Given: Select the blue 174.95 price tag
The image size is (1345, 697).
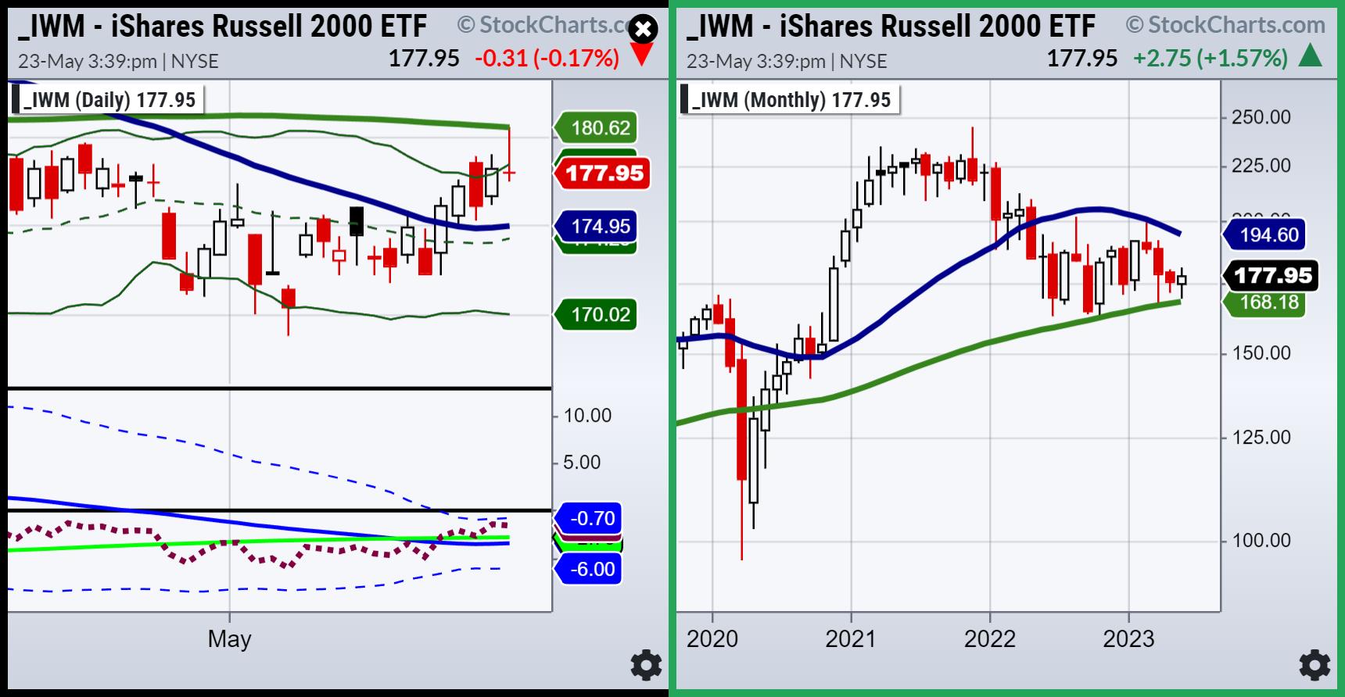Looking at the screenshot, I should (x=598, y=227).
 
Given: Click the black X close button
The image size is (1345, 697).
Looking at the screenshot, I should (x=643, y=30).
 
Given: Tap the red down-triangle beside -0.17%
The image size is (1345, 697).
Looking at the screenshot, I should (x=641, y=56).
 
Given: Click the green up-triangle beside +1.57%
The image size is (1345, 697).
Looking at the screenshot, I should (x=1310, y=56).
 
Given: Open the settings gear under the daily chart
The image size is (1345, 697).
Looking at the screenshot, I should (x=646, y=666).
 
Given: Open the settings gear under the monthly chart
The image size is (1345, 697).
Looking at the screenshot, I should (x=1315, y=666).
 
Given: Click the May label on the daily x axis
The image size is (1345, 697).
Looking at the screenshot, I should (x=229, y=639).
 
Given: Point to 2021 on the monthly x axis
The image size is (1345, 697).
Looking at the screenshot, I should (x=851, y=639).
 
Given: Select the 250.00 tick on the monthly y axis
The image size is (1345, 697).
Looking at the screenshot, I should (x=1261, y=117).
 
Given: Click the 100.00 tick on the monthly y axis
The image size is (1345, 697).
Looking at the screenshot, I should (x=1261, y=540).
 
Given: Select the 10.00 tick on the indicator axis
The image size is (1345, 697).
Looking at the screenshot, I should (x=587, y=415).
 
